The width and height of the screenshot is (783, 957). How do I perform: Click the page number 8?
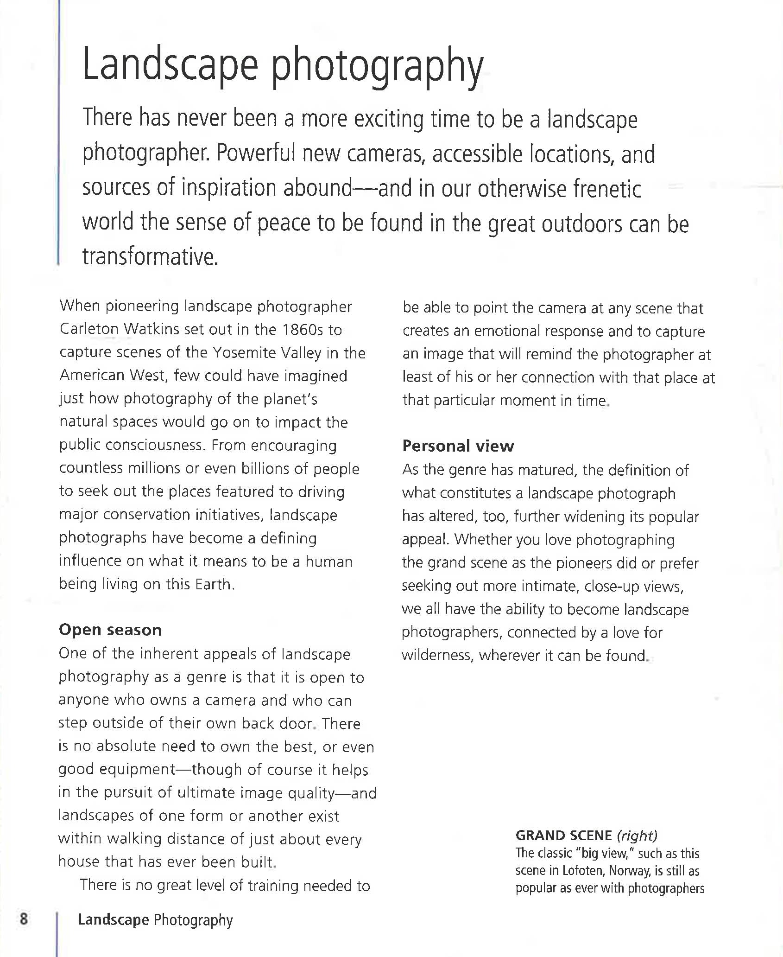pyautogui.click(x=24, y=919)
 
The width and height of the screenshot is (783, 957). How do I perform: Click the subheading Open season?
pyautogui.click(x=110, y=630)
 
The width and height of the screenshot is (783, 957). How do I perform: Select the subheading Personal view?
pyautogui.click(x=458, y=446)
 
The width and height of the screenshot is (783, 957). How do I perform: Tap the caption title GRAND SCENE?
pyautogui.click(x=563, y=836)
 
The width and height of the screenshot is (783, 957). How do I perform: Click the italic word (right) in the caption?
pyautogui.click(x=637, y=836)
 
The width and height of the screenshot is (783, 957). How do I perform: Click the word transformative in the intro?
pyautogui.click(x=149, y=256)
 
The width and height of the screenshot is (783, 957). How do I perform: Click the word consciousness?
pyautogui.click(x=155, y=445)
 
